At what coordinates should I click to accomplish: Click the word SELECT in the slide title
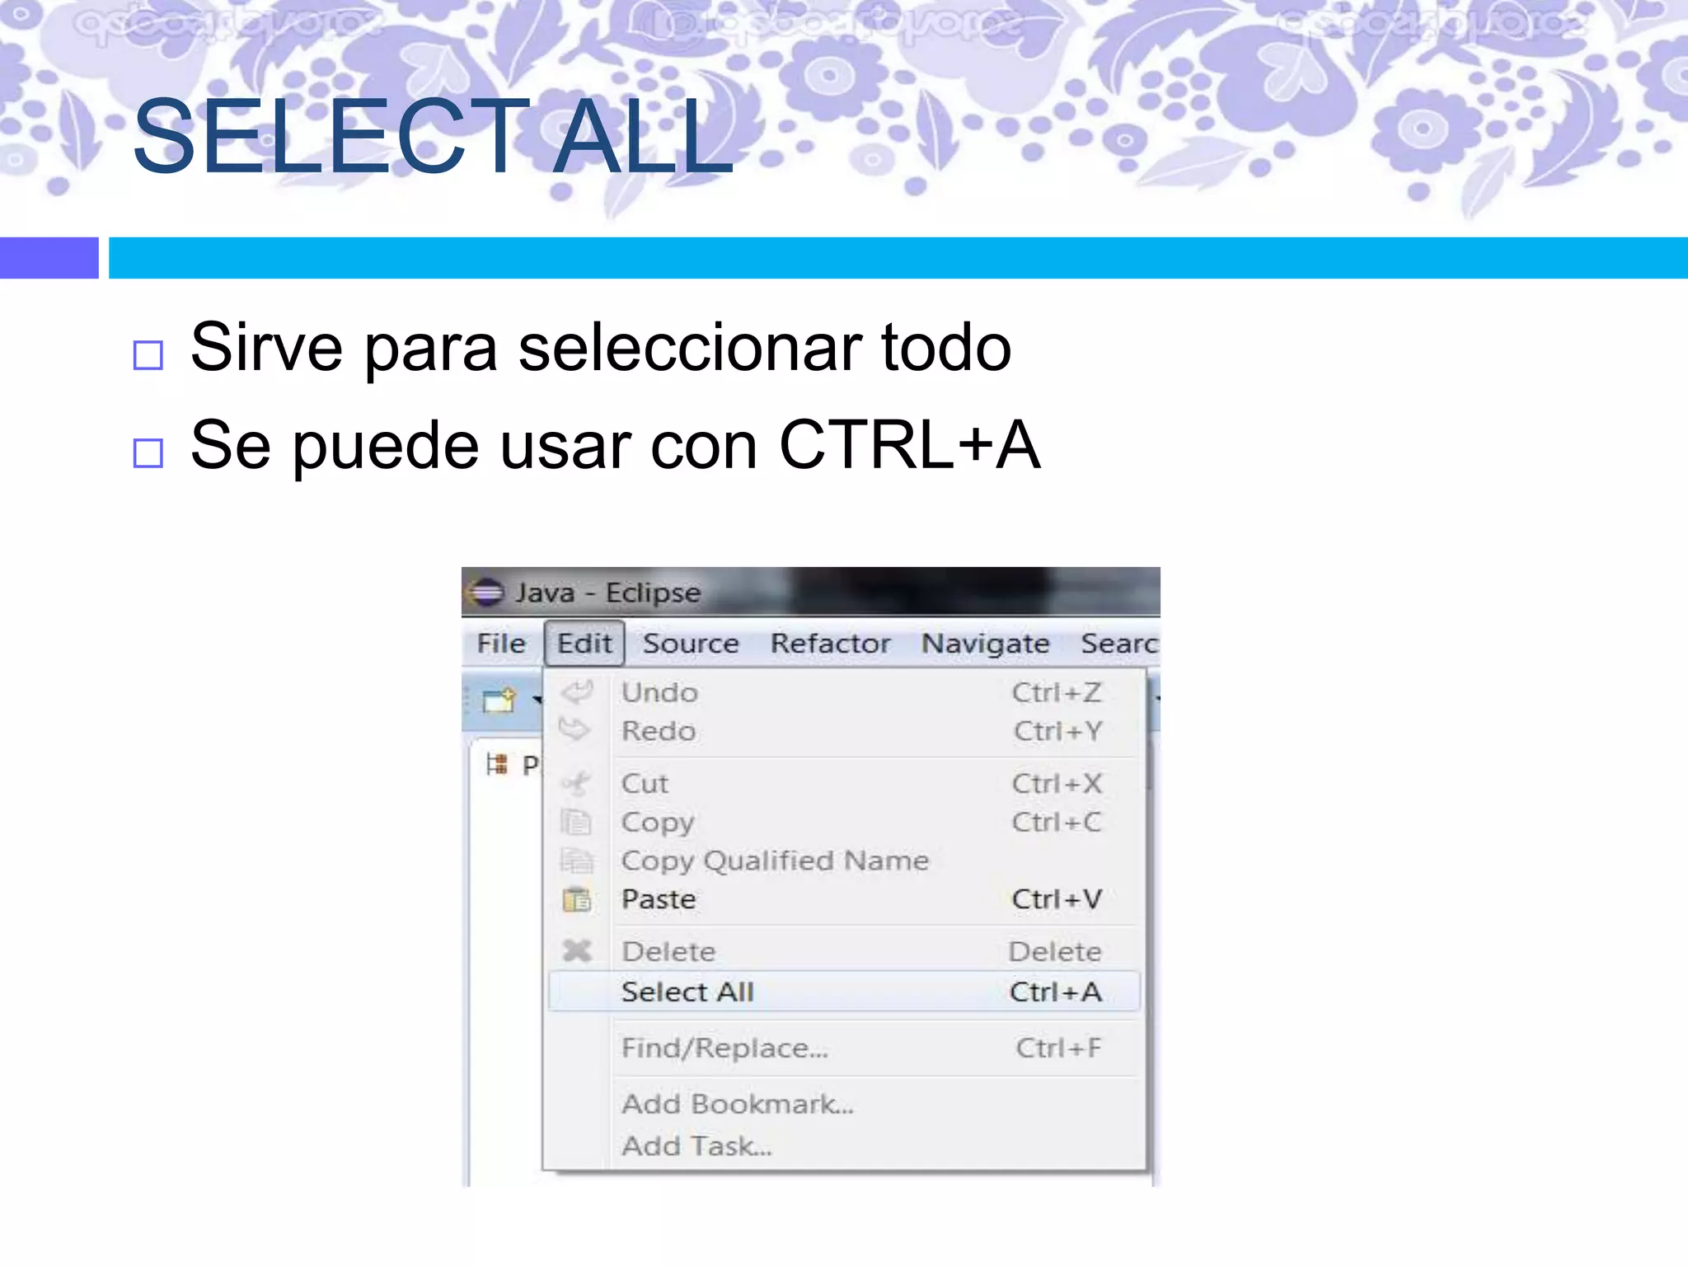[x=330, y=137]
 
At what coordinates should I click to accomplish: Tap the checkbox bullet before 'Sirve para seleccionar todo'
[x=148, y=355]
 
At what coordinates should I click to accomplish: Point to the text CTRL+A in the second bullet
[x=909, y=445]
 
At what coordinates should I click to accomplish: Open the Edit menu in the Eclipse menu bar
[x=584, y=644]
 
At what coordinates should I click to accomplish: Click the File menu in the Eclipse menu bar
[x=501, y=644]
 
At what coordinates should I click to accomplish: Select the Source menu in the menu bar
[x=691, y=644]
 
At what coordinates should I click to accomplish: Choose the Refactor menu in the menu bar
[x=830, y=644]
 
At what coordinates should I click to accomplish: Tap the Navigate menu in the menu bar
[x=985, y=644]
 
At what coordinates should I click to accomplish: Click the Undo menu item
[x=659, y=693]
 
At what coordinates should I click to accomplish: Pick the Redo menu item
[x=659, y=731]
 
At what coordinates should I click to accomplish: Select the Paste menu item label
[x=659, y=899]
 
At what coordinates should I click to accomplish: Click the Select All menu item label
[x=687, y=992]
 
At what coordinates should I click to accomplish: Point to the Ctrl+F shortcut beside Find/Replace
[x=1058, y=1048]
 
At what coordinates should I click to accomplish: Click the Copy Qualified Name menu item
[x=775, y=861]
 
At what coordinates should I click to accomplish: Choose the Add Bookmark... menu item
[x=738, y=1104]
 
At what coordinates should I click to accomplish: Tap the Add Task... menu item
[x=696, y=1146]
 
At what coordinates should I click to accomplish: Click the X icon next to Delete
[x=577, y=951]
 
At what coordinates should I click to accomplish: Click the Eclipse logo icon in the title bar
[x=485, y=593]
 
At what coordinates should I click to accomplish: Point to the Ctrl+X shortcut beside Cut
[x=1057, y=784]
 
